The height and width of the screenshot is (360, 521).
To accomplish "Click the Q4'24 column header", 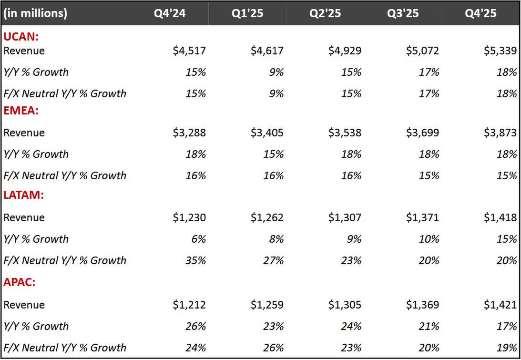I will click(x=169, y=13).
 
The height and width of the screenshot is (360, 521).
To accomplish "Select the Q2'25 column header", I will click(x=325, y=13).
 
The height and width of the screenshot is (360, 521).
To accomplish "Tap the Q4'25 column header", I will click(x=480, y=13).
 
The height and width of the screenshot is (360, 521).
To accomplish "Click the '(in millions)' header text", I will click(x=35, y=13).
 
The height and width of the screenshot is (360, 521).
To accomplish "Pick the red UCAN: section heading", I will click(x=21, y=37).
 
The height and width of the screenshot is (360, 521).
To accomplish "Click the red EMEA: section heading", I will click(x=21, y=111).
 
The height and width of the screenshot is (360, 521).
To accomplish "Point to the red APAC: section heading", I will click(x=20, y=282).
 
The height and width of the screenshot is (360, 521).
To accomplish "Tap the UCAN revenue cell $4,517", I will click(x=189, y=51).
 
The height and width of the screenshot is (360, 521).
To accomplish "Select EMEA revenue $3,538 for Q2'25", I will click(x=345, y=133).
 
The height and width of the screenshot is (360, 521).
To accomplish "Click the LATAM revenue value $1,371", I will click(x=422, y=217).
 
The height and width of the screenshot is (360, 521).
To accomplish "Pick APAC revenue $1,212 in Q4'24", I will click(x=189, y=305).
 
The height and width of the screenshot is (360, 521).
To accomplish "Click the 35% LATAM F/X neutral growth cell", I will click(x=195, y=260).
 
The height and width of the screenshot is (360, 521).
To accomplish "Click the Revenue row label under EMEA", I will click(x=24, y=133).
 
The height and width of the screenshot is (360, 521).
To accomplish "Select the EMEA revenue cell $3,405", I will click(x=267, y=133).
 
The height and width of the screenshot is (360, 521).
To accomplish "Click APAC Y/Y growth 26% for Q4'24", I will click(x=195, y=326).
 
